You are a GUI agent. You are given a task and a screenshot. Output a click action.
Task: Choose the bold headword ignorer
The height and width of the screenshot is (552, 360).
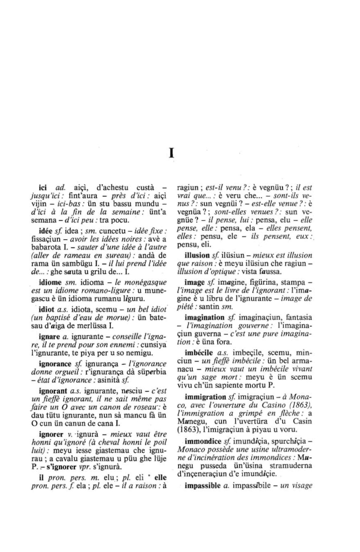click(51, 434)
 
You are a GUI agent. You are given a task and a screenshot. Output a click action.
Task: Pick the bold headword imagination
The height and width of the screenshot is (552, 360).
click(205, 317)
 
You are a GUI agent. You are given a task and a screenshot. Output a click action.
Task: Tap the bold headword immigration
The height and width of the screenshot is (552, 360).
click(205, 397)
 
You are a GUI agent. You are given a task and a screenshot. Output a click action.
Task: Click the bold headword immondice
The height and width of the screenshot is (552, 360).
click(203, 441)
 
